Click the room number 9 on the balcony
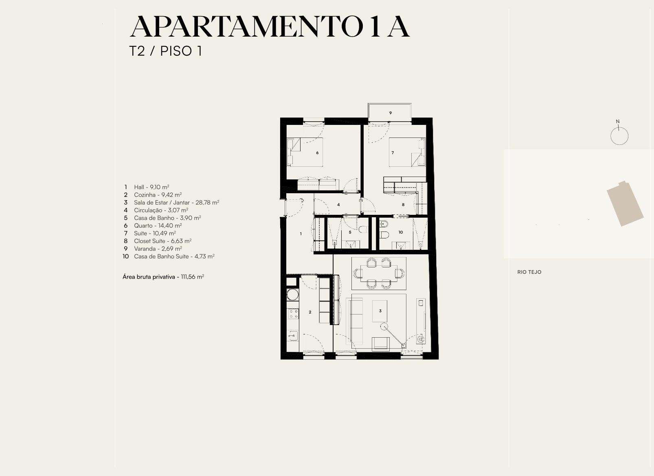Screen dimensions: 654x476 (391, 113)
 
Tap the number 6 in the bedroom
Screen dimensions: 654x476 (317, 153)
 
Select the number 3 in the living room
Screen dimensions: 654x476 (380, 311)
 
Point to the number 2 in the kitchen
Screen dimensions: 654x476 (310, 312)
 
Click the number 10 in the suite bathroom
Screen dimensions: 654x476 (401, 232)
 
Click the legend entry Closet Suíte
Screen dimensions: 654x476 (157, 241)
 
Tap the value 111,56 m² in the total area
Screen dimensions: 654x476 (192, 277)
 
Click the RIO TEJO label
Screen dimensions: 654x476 (529, 272)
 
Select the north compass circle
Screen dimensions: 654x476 (619, 136)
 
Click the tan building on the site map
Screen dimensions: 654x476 (625, 203)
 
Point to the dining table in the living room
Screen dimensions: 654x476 (379, 273)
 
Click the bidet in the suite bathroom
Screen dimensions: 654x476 (384, 225)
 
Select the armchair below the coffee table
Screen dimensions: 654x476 (380, 344)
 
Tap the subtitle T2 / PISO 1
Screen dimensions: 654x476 (166, 51)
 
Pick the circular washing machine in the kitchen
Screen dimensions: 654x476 (292, 294)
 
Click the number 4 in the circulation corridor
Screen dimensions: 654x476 (338, 205)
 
